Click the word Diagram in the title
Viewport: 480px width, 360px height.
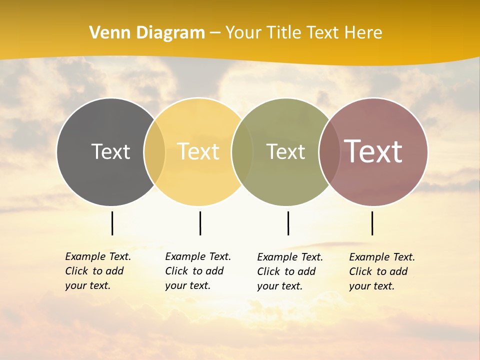click(x=170, y=32)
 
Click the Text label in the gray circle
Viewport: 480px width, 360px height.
click(x=110, y=151)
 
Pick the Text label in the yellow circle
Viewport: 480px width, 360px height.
click(x=198, y=151)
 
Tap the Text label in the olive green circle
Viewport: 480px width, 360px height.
click(x=285, y=151)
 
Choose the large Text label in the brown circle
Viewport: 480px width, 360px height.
click(x=373, y=151)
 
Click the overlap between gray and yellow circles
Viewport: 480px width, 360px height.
click(x=154, y=152)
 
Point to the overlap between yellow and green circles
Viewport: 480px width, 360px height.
click(x=242, y=152)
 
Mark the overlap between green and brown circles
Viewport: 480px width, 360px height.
click(x=328, y=152)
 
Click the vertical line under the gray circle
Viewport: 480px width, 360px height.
click(x=112, y=223)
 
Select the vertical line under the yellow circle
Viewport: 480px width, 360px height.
click(x=200, y=223)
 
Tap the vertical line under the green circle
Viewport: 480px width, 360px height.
click(x=288, y=223)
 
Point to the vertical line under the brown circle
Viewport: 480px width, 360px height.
click(x=372, y=223)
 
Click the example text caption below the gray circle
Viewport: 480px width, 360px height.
click(x=97, y=271)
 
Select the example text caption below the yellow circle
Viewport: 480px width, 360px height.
click(x=197, y=271)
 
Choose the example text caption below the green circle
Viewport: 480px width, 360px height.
click(x=289, y=271)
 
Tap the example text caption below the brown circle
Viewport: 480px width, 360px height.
click(x=381, y=271)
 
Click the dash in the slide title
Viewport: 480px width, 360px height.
click(x=215, y=33)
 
